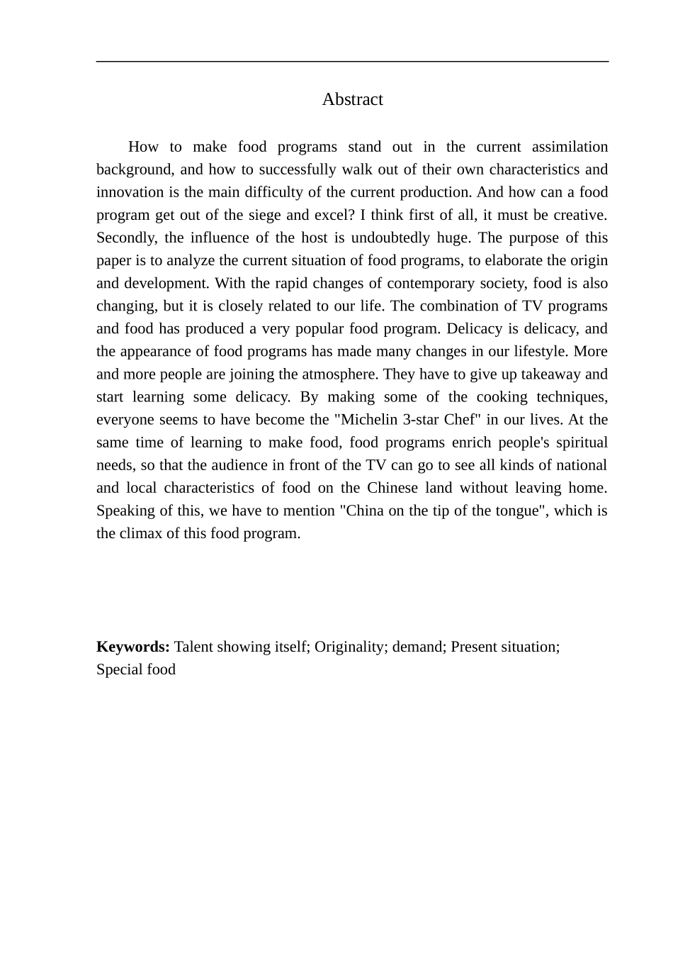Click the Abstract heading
coord(352,99)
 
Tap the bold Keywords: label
coord(132,647)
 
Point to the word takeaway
coord(551,374)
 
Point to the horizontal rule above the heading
coord(352,62)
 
